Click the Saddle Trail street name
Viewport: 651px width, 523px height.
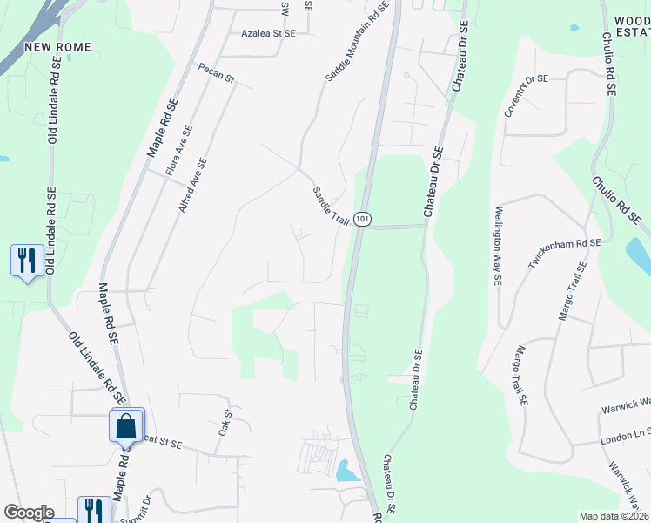click(331, 207)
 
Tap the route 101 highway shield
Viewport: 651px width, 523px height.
click(363, 217)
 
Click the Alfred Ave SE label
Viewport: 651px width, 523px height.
click(193, 185)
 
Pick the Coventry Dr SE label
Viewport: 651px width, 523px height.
click(527, 95)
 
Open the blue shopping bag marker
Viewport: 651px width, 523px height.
click(126, 427)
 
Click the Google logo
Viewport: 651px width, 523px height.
click(29, 513)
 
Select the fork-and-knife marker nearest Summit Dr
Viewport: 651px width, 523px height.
click(94, 511)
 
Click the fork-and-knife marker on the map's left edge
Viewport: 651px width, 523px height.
click(27, 260)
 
